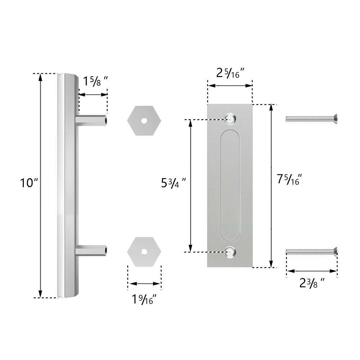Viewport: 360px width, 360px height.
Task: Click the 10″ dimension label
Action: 29,183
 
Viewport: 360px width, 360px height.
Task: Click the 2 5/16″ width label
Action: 230,73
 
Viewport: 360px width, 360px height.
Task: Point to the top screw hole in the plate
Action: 230,118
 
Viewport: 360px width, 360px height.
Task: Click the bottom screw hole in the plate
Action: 230,252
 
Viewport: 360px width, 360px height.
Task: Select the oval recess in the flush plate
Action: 230,185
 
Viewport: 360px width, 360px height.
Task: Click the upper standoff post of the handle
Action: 92,120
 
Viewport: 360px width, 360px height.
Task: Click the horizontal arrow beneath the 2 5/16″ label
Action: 230,86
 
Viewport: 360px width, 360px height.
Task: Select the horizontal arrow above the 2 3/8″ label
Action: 312,270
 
